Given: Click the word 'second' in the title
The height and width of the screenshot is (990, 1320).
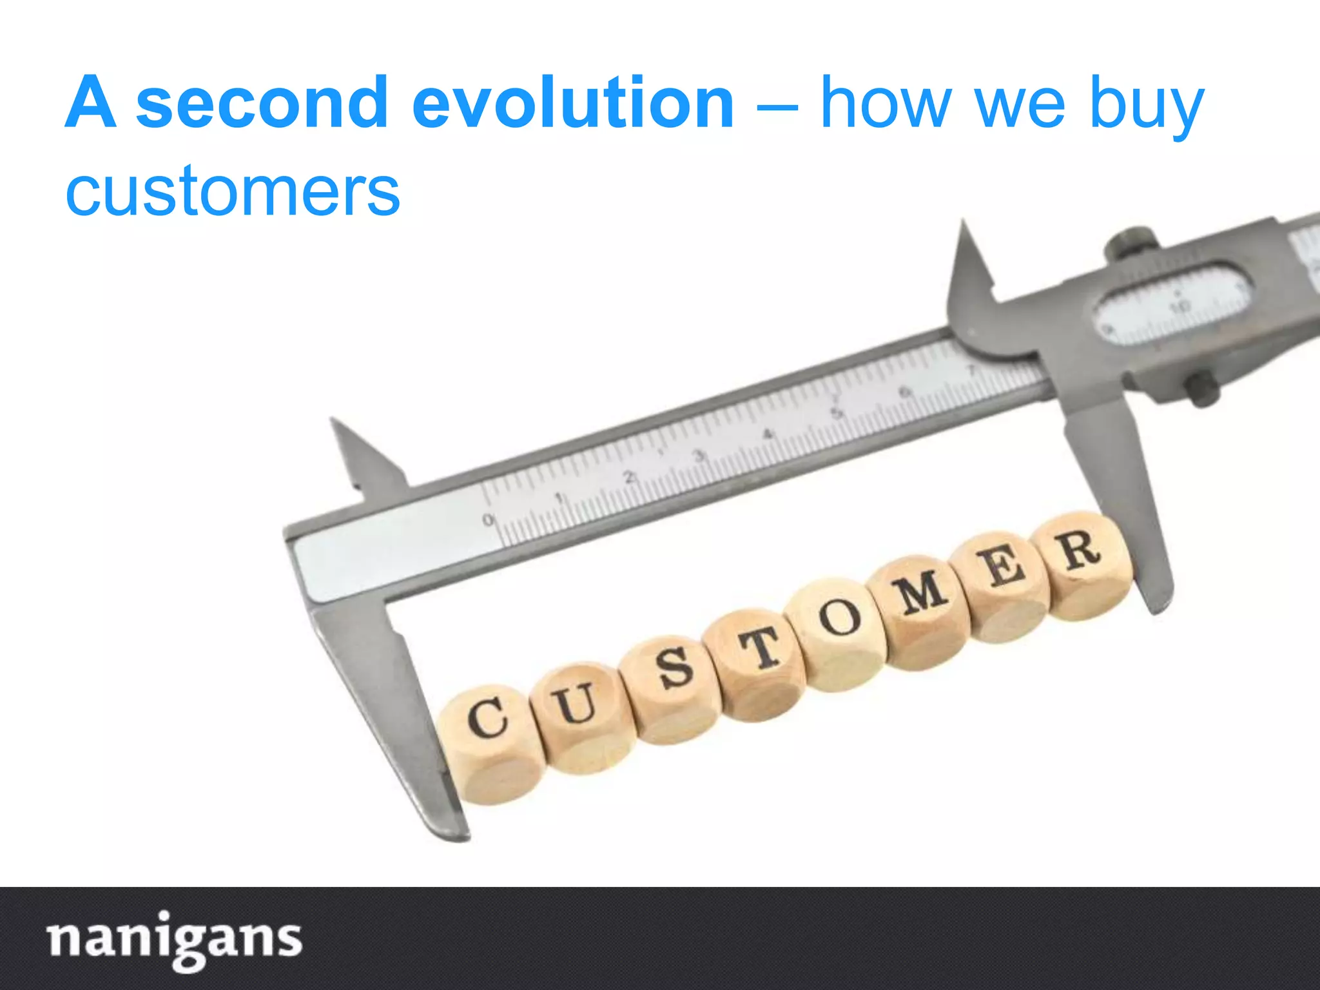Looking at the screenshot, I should (262, 102).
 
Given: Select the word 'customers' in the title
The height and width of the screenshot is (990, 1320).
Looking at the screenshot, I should (233, 191).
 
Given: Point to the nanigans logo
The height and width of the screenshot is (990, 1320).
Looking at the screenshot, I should (175, 939).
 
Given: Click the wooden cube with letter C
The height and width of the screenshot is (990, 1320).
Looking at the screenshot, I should (491, 741).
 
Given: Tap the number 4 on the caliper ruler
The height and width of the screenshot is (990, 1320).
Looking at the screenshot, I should (767, 435).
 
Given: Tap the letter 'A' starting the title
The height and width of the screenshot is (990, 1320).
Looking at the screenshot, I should (91, 102).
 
